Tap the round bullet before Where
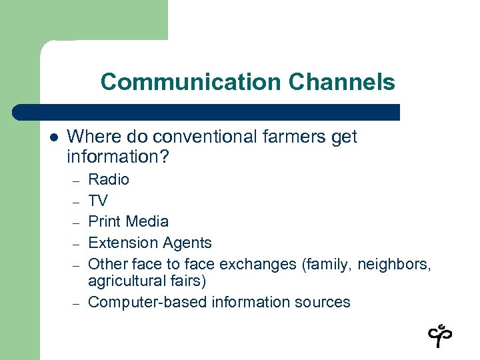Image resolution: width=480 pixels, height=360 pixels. (54, 137)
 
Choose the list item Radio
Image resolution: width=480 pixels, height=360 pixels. (109, 179)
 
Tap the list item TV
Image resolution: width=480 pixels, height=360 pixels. (98, 201)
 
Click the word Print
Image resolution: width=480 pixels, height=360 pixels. (104, 221)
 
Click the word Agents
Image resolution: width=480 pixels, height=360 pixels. (187, 243)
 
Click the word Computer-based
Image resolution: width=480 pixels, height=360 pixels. (147, 302)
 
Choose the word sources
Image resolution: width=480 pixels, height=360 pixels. (324, 302)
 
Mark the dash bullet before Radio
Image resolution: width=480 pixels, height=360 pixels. (77, 180)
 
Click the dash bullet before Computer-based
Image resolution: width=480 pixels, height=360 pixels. (77, 303)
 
